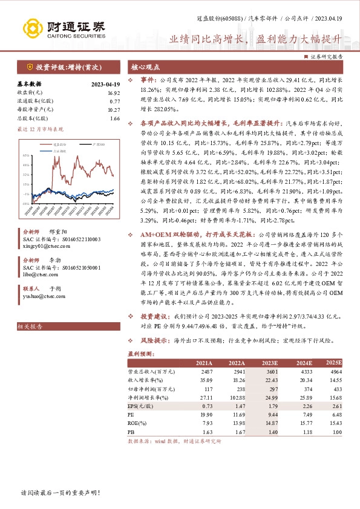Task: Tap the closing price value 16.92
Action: tap(114, 93)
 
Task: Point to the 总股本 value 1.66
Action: tap(115, 118)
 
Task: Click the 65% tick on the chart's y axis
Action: tap(27, 156)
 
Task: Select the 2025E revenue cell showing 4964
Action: tap(335, 371)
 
